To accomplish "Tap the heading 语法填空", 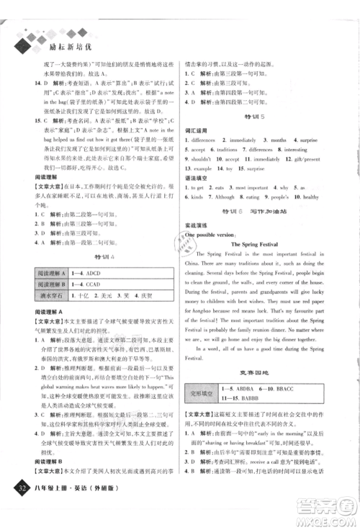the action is coord(198,176).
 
